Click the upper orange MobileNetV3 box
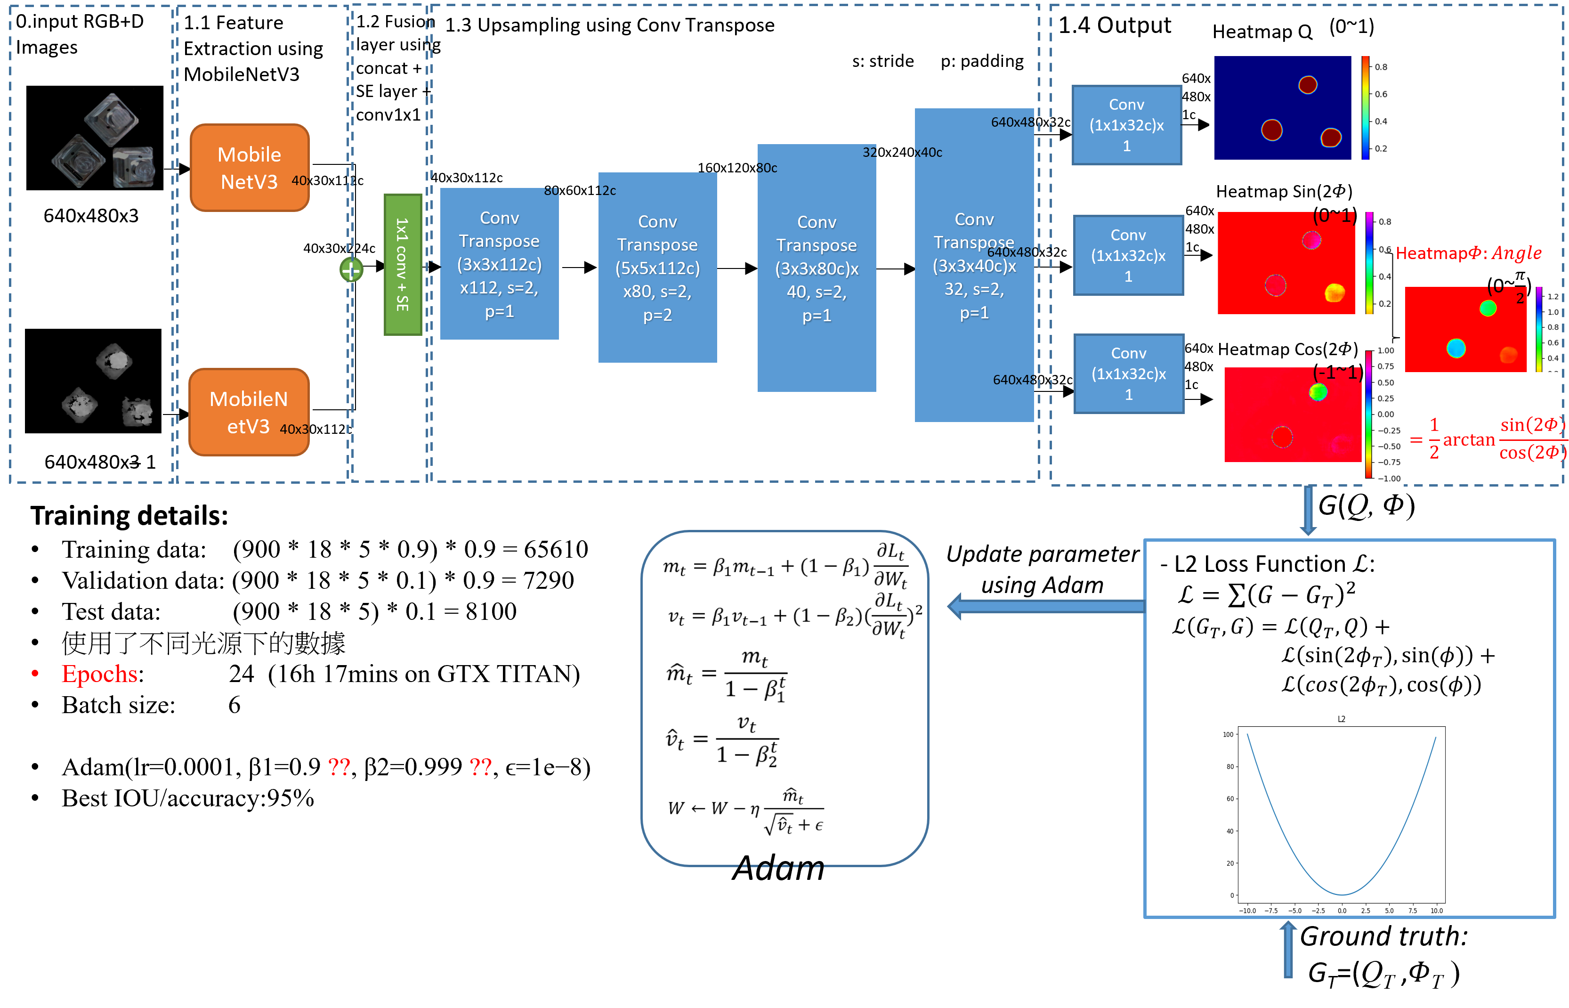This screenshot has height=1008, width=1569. (249, 168)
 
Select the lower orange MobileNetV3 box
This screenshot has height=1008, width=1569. (249, 412)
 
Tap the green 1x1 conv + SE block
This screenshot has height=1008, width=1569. (403, 264)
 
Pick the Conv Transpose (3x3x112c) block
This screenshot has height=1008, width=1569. (499, 264)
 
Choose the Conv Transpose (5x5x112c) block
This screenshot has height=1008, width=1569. (657, 268)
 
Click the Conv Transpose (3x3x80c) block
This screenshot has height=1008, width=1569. (817, 268)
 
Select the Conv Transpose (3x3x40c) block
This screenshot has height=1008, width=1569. (974, 266)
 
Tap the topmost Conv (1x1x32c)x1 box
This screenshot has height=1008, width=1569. (1127, 125)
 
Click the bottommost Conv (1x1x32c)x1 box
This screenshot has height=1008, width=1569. (1129, 374)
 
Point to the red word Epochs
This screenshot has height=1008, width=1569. (99, 674)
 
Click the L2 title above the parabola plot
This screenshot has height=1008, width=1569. (1341, 719)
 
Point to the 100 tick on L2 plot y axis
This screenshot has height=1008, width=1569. (1228, 734)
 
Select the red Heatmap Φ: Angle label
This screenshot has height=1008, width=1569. (1469, 253)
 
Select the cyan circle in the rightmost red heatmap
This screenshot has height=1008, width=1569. (1456, 348)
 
